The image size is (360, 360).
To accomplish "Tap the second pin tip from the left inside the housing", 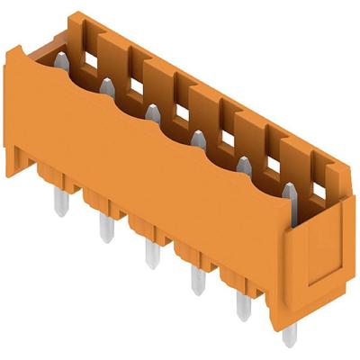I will pos(106,86).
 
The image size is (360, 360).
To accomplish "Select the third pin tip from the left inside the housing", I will pos(152,112).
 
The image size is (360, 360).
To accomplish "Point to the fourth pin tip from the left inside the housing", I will pos(198,138).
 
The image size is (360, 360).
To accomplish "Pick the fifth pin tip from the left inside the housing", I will pos(244,164).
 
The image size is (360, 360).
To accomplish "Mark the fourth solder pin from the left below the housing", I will pos(193,280).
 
